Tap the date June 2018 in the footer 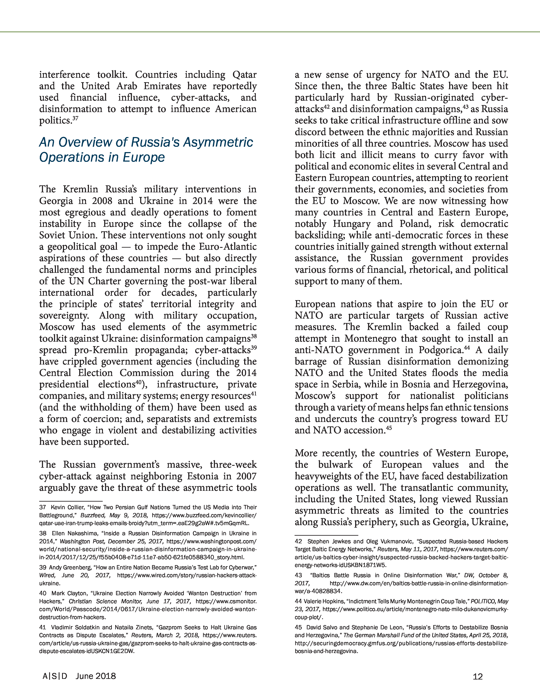[x=96, y=676]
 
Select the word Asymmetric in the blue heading [x=217, y=142]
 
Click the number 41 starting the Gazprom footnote [x=43, y=627]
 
